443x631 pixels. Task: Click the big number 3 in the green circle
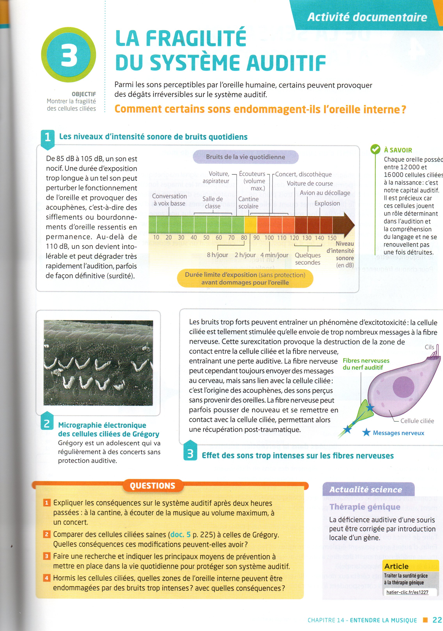(x=69, y=55)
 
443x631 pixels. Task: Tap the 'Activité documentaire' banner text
(x=367, y=17)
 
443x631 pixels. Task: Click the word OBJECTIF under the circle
(x=84, y=94)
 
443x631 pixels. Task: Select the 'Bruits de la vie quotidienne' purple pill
(x=245, y=157)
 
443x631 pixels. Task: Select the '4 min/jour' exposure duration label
(x=274, y=255)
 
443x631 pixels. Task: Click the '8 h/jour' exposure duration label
(x=217, y=255)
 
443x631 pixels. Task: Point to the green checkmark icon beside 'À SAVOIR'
(x=375, y=149)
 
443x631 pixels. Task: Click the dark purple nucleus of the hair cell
(x=403, y=386)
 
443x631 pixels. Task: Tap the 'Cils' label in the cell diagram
(x=429, y=347)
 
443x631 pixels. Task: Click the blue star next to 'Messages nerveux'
(x=366, y=433)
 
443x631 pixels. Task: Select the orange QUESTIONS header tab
(x=152, y=486)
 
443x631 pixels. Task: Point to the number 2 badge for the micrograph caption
(x=47, y=424)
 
